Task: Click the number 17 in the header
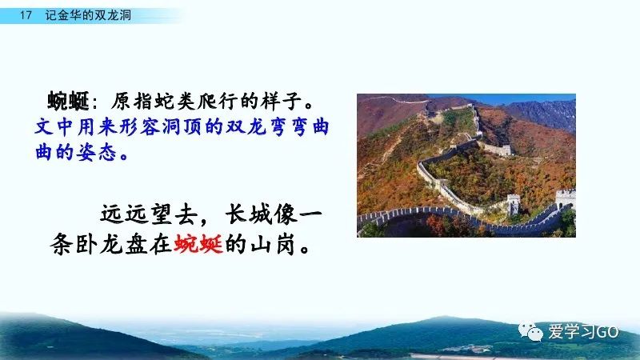pyautogui.click(x=26, y=15)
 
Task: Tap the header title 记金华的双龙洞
pyautogui.click(x=88, y=15)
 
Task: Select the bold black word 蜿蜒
pyautogui.click(x=68, y=102)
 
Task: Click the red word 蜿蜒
pyautogui.click(x=198, y=244)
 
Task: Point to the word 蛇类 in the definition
pyautogui.click(x=166, y=102)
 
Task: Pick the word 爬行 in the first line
pyautogui.click(x=217, y=102)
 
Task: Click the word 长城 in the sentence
pyautogui.click(x=249, y=214)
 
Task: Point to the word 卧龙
pyautogui.click(x=99, y=244)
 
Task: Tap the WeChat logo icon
pyautogui.click(x=530, y=331)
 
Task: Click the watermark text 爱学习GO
pyautogui.click(x=583, y=331)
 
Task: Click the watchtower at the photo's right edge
pyautogui.click(x=566, y=199)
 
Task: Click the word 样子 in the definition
pyautogui.click(x=282, y=102)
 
